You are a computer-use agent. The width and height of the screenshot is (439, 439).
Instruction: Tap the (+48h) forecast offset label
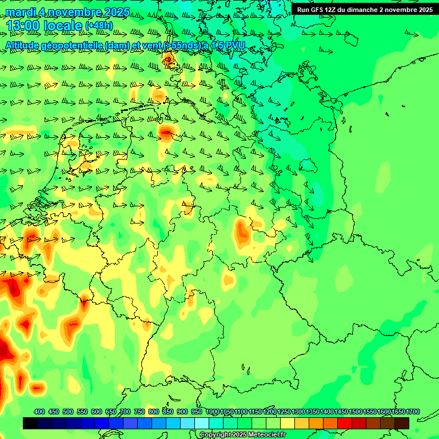(99, 26)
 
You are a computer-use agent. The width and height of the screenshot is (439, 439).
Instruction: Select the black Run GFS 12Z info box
(364, 10)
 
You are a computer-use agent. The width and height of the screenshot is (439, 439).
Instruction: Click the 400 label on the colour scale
(39, 412)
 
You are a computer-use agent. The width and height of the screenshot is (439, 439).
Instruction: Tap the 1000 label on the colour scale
(213, 412)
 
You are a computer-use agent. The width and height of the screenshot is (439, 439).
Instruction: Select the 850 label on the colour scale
(168, 412)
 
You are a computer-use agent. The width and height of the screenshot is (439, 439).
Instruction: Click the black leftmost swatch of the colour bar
(30, 423)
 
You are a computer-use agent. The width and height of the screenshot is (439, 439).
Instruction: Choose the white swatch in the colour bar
(202, 423)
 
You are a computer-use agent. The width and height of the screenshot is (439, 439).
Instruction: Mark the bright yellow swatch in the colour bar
(288, 423)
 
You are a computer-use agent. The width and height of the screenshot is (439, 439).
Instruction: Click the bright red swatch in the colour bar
(345, 423)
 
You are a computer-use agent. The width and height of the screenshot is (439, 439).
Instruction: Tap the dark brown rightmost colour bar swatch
(402, 423)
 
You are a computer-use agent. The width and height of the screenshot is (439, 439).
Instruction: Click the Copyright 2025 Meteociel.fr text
(242, 435)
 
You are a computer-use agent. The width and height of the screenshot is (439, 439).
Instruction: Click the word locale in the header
(63, 26)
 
